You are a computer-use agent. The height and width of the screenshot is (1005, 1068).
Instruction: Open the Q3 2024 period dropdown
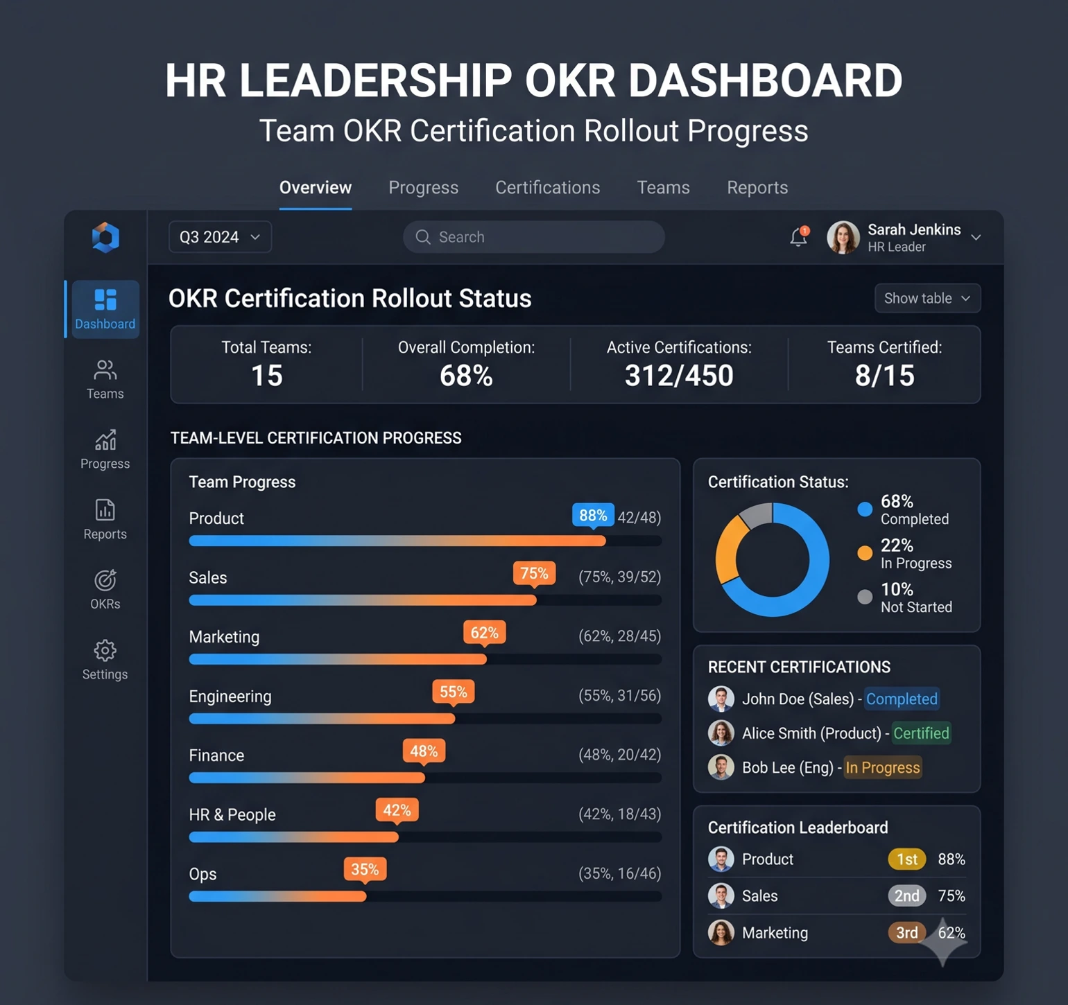coord(220,237)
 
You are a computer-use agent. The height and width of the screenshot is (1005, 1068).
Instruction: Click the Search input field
coord(533,237)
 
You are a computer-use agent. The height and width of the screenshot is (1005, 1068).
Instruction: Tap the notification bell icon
coord(799,236)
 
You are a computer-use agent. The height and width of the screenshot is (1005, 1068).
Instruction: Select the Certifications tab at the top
coord(547,188)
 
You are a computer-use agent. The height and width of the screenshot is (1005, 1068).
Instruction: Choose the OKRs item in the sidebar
coord(105,590)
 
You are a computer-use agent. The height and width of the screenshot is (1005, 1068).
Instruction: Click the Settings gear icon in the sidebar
coord(105,650)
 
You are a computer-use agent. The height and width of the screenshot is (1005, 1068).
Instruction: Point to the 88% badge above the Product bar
coord(593,516)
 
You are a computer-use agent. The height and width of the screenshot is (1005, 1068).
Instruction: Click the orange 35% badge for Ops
coord(365,870)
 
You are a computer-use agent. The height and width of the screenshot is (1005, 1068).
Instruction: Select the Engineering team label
coord(230,697)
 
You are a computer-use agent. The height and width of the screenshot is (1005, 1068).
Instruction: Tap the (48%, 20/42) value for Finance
coord(619,755)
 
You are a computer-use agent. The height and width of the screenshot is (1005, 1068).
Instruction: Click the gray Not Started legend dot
coord(865,597)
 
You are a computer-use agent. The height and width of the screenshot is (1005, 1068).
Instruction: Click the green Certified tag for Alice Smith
coord(921,733)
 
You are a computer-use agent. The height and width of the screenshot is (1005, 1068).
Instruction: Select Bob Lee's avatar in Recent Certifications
coord(721,767)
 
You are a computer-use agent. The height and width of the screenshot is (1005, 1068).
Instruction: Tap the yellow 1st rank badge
coord(907,859)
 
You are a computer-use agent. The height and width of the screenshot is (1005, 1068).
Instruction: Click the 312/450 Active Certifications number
coord(679,376)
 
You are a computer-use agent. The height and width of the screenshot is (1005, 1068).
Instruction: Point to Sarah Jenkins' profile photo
coord(843,237)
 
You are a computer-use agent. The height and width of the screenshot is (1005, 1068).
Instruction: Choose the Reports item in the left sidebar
coord(105,520)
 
